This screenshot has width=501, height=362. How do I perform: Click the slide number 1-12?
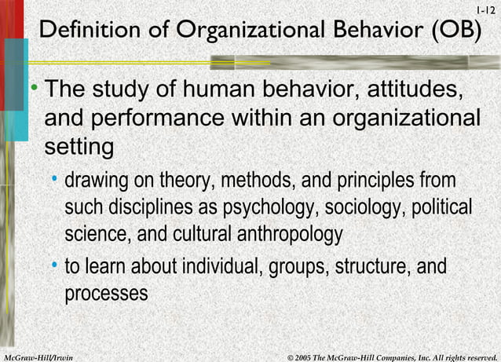[487, 9]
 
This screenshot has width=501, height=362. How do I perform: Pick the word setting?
[79, 147]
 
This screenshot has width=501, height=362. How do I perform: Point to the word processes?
[106, 294]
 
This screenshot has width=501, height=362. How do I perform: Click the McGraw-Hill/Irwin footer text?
[38, 357]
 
